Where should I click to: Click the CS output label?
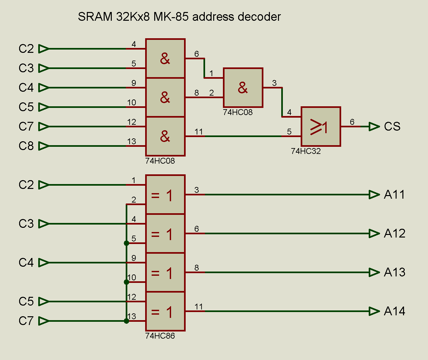[x=392, y=126]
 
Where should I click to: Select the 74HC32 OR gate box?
[x=321, y=126]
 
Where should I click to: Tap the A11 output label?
[x=394, y=194]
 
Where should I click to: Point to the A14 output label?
[x=394, y=311]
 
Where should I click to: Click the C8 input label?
[x=26, y=146]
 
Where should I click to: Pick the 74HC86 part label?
[x=160, y=336]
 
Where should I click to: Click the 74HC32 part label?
[x=306, y=151]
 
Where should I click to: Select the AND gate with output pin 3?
[x=243, y=87]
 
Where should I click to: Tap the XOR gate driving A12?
[x=165, y=233]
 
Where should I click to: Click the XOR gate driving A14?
[x=165, y=311]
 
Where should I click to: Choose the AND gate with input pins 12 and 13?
[x=165, y=136]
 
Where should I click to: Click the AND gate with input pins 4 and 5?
[x=165, y=58]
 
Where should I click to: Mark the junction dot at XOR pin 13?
[x=126, y=321]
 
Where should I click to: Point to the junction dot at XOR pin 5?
[x=126, y=243]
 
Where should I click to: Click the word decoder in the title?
[x=259, y=17]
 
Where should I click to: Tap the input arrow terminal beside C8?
[x=44, y=146]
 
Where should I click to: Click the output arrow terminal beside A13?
[x=374, y=272]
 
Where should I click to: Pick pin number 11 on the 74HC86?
[x=199, y=307]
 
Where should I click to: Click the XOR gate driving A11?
[x=165, y=194]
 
